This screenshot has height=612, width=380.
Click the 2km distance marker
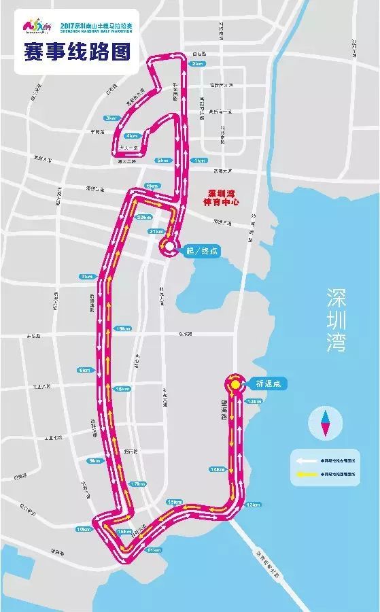coord(198,64)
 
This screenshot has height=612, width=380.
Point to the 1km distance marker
coord(199,160)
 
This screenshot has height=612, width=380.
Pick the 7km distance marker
coord(86,277)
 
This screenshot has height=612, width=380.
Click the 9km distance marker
coord(94,460)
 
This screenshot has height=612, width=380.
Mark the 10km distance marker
coord(84,529)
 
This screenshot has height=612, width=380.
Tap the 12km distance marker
coord(253,505)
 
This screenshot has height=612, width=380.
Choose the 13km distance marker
coord(254,402)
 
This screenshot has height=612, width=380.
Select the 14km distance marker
coord(218,469)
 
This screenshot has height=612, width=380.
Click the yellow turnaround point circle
coord(235,384)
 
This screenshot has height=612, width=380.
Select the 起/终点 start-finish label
coord(203,250)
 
